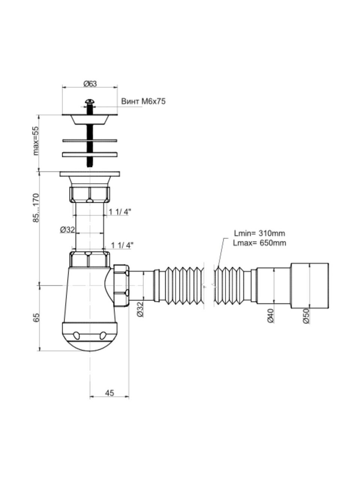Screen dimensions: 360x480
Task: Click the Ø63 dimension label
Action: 90,84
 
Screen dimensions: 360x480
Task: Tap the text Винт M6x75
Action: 143,101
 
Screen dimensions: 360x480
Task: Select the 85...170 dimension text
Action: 36,208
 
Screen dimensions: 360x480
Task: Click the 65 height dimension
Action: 36,317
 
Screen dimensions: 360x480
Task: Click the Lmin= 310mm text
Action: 259,234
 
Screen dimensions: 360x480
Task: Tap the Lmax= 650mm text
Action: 259,243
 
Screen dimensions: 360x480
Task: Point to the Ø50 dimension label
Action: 306,316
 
